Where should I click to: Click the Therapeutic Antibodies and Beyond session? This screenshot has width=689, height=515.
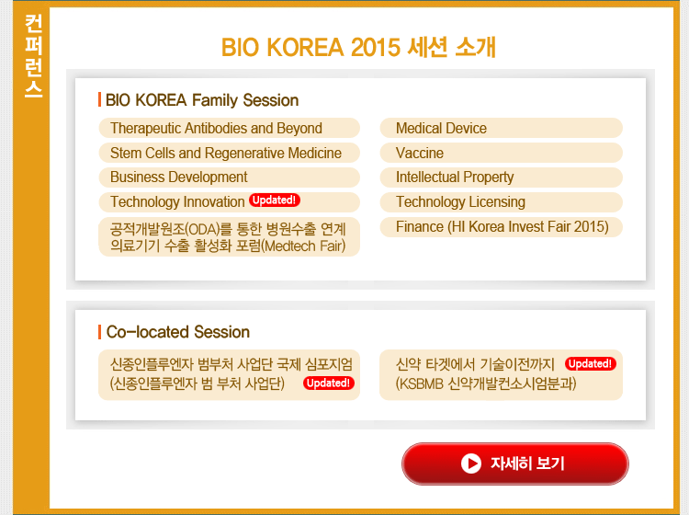229,128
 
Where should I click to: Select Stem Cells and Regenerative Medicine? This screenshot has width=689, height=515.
229,153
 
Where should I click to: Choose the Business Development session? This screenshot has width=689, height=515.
229,177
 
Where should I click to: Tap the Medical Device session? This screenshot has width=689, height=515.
502,128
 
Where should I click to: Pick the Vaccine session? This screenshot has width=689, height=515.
502,153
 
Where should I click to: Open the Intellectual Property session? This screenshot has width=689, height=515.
502,177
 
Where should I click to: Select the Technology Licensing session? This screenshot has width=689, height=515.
502,202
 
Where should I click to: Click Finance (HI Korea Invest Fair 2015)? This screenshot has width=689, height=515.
502,227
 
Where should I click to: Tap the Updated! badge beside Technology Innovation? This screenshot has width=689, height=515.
274,200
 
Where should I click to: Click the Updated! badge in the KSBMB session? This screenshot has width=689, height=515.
591,363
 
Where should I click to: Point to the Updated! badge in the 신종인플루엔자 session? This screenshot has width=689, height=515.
329,383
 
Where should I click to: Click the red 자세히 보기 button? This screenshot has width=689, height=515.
515,463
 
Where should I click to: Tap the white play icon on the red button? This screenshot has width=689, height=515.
471,463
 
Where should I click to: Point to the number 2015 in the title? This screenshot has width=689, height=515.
376,47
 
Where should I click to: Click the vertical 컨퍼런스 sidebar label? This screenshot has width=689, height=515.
33,56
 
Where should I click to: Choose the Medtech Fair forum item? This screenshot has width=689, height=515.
229,236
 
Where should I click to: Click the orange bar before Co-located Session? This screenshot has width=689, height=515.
100,332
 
